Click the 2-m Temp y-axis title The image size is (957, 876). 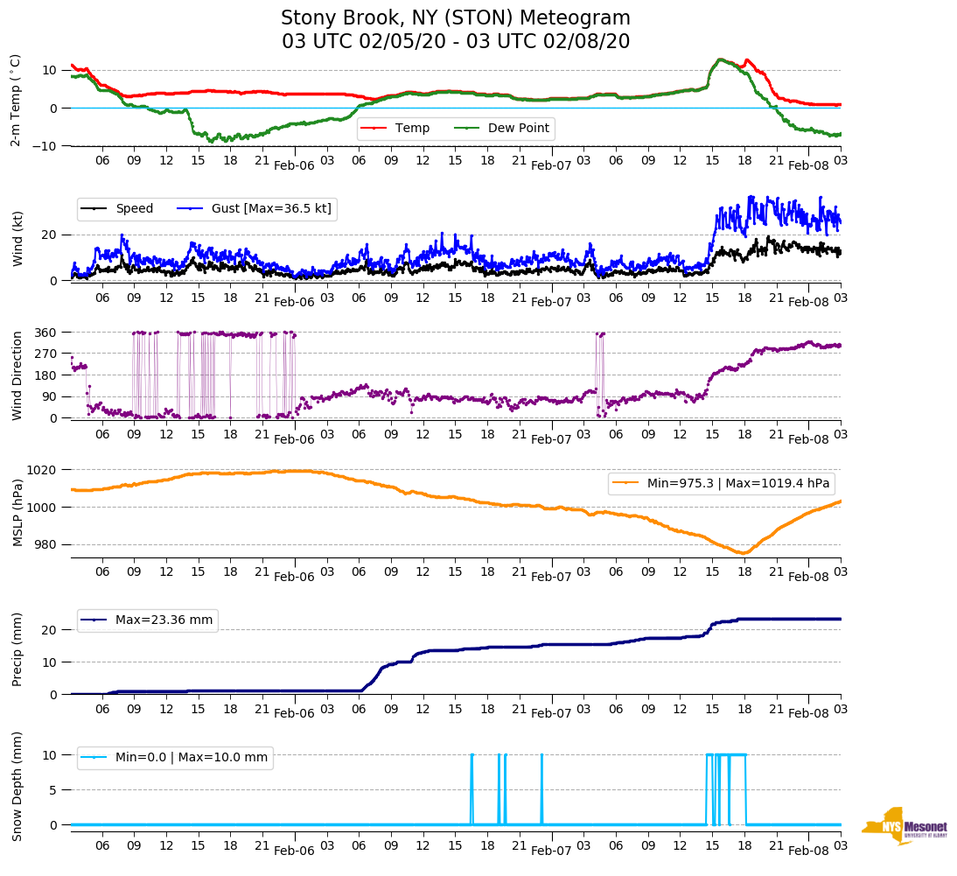click(16, 100)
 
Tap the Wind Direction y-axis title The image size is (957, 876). click(17, 375)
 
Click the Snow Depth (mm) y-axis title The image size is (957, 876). click(17, 786)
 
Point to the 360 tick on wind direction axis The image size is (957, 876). click(46, 333)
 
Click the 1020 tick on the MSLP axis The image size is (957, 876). click(43, 470)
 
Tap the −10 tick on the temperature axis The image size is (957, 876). click(43, 145)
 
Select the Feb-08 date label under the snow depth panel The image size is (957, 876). click(808, 851)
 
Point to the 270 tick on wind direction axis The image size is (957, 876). click(46, 354)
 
